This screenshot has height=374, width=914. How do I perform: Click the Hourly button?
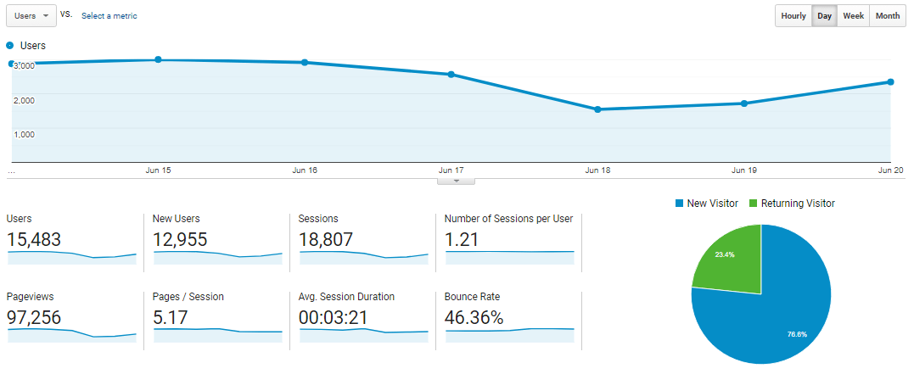(x=793, y=16)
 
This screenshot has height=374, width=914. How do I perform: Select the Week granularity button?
(x=853, y=16)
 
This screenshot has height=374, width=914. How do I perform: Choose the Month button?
(x=888, y=16)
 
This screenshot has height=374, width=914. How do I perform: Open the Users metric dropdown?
(x=31, y=16)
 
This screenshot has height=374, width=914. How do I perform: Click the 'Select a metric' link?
(x=109, y=16)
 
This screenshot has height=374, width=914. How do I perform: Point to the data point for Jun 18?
(x=597, y=109)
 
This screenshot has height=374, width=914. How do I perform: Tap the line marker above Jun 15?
(x=159, y=59)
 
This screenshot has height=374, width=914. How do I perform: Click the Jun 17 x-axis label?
(x=451, y=170)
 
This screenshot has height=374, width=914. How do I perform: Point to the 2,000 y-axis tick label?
(x=24, y=100)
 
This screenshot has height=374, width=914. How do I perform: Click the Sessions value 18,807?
(x=326, y=240)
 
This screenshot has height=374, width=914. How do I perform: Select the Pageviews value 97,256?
(x=34, y=318)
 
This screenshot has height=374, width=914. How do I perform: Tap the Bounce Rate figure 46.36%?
(x=474, y=318)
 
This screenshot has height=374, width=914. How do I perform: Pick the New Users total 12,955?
(x=180, y=240)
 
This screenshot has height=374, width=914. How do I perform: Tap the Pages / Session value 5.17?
(x=171, y=318)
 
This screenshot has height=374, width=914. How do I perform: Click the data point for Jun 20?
(x=890, y=81)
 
